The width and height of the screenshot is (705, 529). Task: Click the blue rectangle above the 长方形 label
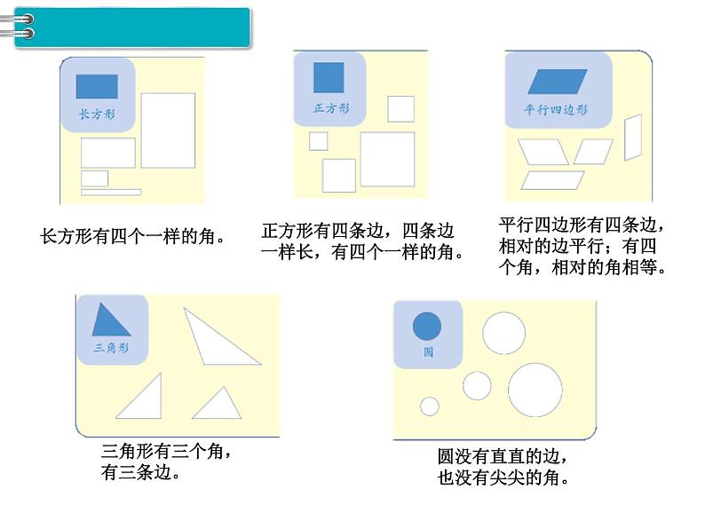pos(97,86)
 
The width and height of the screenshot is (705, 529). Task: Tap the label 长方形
pos(97,114)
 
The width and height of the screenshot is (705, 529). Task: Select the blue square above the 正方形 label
pos(329,77)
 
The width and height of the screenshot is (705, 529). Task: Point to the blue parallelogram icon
pos(558,83)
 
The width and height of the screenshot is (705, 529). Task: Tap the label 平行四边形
pos(557,110)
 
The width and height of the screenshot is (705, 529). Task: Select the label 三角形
pos(111,348)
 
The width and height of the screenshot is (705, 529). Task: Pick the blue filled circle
pos(427,326)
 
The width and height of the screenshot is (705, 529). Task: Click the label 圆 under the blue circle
pos(428,351)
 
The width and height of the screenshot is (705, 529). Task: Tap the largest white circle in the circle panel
pos(535,390)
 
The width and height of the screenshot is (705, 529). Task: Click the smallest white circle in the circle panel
pos(430,407)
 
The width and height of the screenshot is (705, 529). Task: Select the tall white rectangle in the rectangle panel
pos(168,130)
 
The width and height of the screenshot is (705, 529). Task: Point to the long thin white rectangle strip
pos(111,192)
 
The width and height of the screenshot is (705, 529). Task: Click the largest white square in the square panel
pos(387,159)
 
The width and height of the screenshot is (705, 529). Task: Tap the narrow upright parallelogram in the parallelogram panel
pos(633,138)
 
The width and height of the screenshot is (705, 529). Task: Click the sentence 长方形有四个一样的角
pos(132,237)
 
